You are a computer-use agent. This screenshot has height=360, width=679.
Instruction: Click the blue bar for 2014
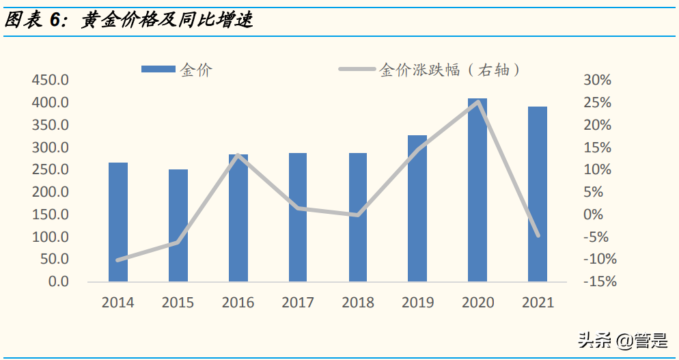tap(118, 222)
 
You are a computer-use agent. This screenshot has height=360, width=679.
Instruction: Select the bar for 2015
tap(178, 225)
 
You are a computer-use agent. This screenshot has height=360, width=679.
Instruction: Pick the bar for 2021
tap(538, 194)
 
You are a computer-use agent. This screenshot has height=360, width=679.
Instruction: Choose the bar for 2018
tap(358, 217)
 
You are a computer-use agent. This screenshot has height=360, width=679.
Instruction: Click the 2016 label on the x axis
tap(238, 302)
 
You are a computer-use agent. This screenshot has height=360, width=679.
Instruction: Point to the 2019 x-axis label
tap(417, 302)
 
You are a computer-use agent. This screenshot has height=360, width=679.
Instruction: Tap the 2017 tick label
tap(298, 302)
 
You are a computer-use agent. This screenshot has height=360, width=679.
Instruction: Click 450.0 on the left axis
tap(50, 81)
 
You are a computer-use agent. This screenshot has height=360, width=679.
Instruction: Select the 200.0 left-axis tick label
tap(50, 193)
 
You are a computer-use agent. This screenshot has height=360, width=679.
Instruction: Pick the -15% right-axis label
tap(599, 281)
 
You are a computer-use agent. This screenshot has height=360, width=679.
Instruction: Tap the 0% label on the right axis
tap(594, 214)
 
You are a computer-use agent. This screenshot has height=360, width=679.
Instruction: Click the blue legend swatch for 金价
tap(158, 69)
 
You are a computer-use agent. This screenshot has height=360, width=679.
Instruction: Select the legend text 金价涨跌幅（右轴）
tap(450, 69)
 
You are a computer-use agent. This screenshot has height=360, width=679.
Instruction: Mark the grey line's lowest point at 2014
tap(118, 260)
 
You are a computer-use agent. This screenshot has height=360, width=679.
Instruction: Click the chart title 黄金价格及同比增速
tap(167, 20)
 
